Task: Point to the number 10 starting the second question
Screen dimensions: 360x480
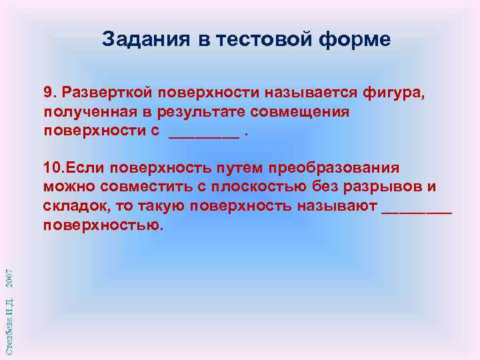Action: point(53,167)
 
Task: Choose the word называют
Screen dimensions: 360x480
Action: point(340,205)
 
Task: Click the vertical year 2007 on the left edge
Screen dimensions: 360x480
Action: point(9,278)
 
